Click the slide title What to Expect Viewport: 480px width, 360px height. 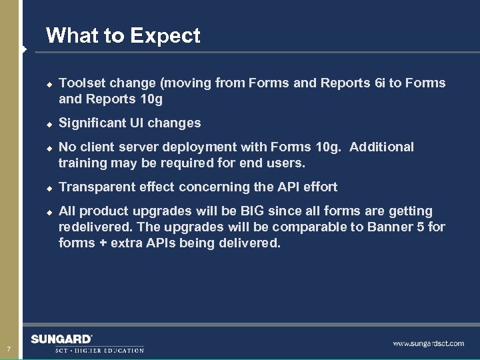[123, 35]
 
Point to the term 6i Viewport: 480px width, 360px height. [381, 83]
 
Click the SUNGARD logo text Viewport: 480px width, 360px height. [61, 339]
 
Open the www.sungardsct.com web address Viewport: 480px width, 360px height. [428, 344]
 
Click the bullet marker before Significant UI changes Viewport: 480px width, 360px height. [49, 125]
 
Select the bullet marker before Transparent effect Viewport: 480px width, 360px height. [49, 189]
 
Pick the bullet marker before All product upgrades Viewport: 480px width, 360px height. [49, 213]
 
